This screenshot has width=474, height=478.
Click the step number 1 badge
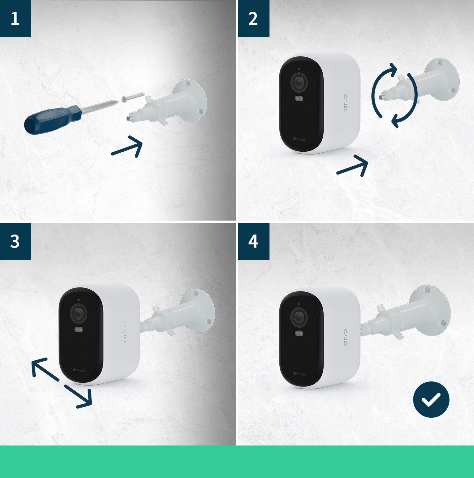pyautogui.click(x=15, y=18)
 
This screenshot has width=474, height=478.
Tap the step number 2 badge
pyautogui.click(x=254, y=18)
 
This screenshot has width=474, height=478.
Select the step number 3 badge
pyautogui.click(x=15, y=241)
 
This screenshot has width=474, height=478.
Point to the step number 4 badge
pyautogui.click(x=254, y=241)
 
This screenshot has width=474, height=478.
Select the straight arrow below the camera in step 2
pyautogui.click(x=353, y=166)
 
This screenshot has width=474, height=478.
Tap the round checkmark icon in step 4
pyautogui.click(x=431, y=399)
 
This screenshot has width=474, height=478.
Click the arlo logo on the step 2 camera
pyautogui.click(x=345, y=103)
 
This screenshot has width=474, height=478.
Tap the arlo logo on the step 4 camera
pyautogui.click(x=345, y=337)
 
